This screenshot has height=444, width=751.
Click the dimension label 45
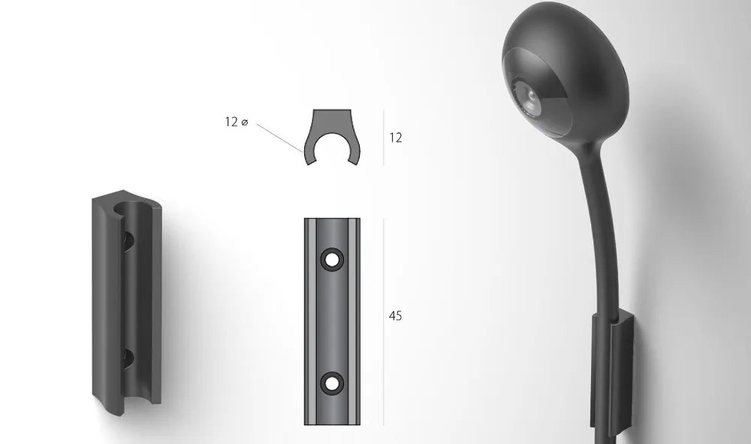(395, 316)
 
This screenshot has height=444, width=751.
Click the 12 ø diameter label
(237, 122)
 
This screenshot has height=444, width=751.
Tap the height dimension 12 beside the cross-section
(396, 138)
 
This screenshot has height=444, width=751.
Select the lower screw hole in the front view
(332, 383)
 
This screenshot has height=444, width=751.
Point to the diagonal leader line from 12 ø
(279, 138)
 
